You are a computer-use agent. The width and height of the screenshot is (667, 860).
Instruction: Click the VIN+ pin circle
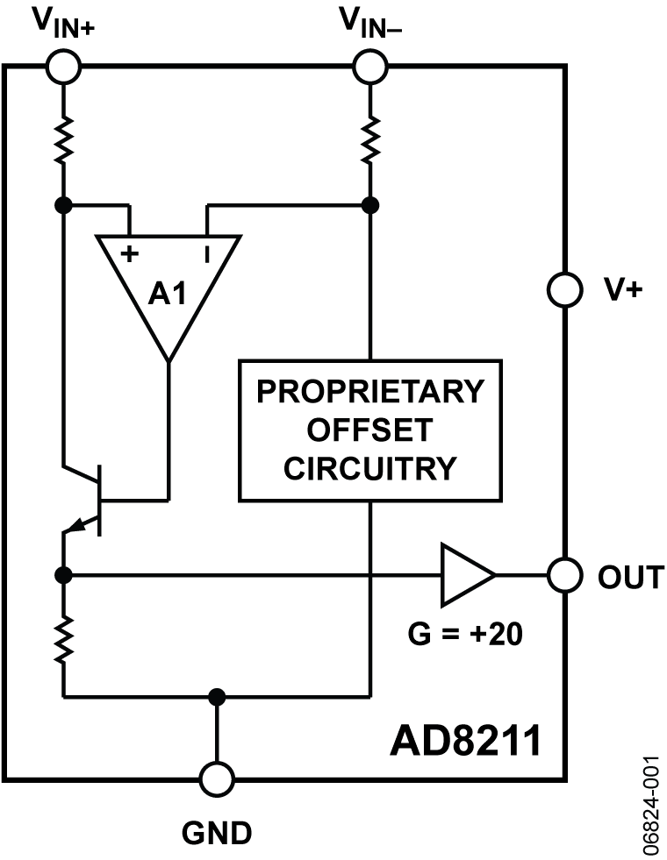click(63, 66)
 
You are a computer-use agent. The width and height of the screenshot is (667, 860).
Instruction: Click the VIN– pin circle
click(370, 66)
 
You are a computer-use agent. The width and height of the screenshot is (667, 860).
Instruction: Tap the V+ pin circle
click(564, 289)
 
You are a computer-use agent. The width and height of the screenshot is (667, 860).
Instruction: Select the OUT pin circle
click(564, 575)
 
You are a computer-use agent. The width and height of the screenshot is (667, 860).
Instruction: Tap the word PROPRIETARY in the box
click(370, 391)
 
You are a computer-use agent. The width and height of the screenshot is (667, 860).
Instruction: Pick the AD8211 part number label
click(465, 742)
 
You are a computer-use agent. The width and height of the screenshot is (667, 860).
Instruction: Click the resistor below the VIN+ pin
click(63, 140)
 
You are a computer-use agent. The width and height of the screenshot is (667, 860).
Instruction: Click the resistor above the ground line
click(63, 637)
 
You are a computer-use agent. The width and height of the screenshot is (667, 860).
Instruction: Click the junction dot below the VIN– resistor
click(370, 206)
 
